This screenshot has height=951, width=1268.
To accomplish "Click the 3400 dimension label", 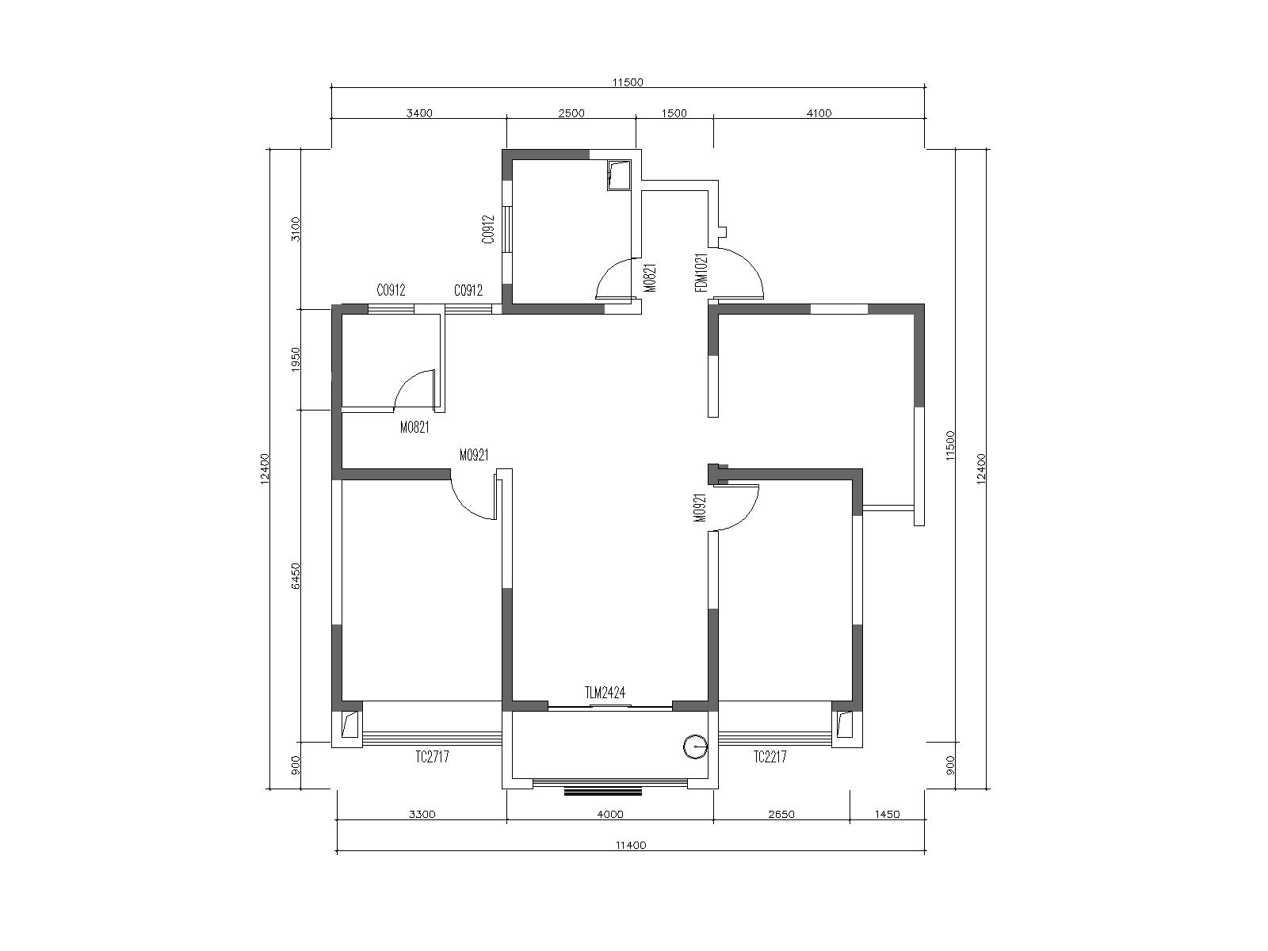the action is tap(418, 113).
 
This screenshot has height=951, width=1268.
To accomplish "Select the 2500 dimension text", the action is tap(571, 113).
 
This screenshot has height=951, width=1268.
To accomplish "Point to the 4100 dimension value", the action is tap(819, 113).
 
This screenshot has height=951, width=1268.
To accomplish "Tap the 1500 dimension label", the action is tap(674, 113).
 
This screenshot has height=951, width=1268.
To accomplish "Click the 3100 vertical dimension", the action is tap(296, 229).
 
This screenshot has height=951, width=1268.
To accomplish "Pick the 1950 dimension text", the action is tap(296, 358).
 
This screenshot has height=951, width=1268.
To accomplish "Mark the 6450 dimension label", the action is tap(296, 575).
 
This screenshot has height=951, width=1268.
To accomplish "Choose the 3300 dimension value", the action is tap(422, 815).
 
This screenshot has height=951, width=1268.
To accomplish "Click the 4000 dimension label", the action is tap(610, 815).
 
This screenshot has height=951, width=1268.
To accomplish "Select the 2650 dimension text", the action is tap(781, 815).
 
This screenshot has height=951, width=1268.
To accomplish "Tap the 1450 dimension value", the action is tap(887, 815).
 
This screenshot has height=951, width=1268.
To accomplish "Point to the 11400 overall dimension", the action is tap(630, 846).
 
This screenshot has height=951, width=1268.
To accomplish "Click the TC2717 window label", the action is tap(432, 757).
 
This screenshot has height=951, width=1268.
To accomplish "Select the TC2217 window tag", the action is tap(770, 757).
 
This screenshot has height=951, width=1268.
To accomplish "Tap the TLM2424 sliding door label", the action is tap(605, 693).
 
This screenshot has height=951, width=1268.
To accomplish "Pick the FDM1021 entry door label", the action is tap(701, 273).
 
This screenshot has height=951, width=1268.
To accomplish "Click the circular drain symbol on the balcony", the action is tap(695, 747).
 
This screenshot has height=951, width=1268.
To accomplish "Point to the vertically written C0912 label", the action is tap(489, 229).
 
